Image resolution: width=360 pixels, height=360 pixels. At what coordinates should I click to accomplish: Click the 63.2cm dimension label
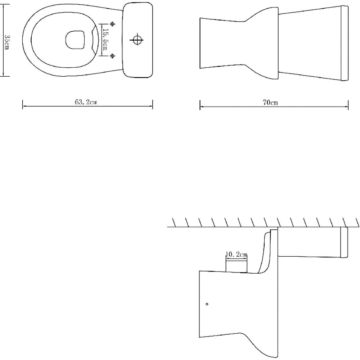(x=86, y=102)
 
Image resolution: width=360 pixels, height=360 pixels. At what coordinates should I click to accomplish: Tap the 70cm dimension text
(x=270, y=103)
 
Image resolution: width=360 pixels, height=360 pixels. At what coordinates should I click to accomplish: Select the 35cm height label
(x=7, y=42)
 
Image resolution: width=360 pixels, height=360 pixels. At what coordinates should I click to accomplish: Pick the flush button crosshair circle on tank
(x=137, y=40)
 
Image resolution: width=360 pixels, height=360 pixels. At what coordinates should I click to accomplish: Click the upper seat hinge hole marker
(x=112, y=24)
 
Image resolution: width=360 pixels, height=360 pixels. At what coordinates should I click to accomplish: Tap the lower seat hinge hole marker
(x=112, y=56)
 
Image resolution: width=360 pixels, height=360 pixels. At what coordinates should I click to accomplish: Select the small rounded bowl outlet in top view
(x=75, y=40)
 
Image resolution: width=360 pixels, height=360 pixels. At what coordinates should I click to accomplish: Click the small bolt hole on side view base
(x=207, y=305)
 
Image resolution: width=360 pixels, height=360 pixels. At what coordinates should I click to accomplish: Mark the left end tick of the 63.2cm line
(x=23, y=104)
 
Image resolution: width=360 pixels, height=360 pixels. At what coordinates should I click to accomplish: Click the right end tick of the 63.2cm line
(x=153, y=104)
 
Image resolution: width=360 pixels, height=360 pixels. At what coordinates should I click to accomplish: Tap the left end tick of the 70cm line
(x=200, y=105)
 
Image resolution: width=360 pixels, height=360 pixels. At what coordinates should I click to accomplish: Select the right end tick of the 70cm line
(x=348, y=105)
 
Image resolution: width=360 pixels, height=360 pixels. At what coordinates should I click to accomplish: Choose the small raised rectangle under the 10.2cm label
(x=236, y=266)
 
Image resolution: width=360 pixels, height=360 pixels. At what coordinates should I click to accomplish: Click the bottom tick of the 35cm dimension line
(x=4, y=76)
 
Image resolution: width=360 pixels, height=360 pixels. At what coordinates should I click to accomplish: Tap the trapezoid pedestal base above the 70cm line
(x=221, y=43)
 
